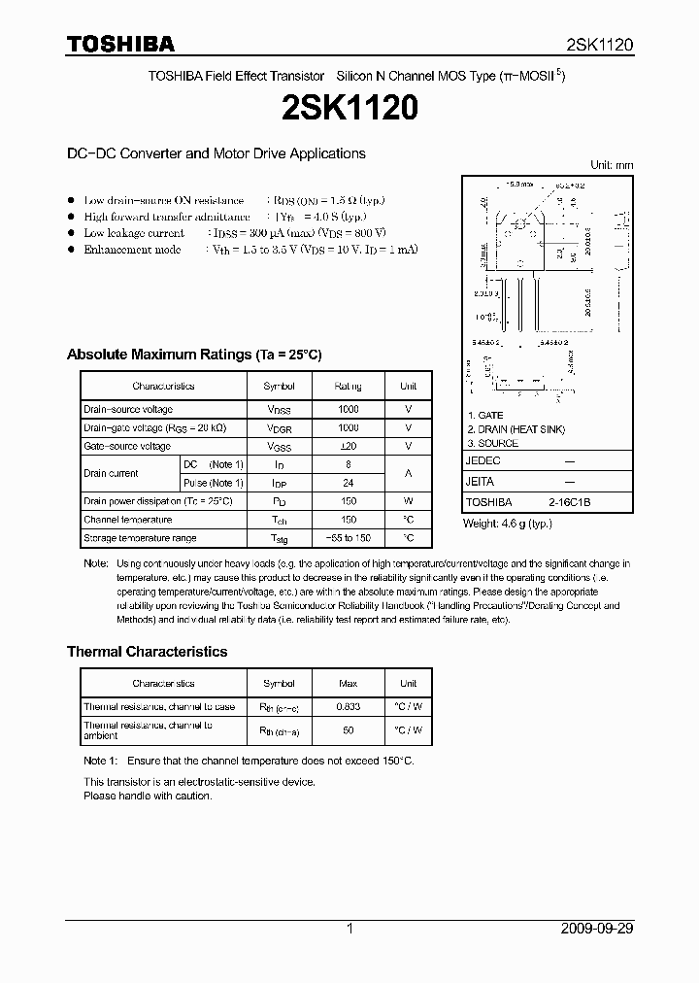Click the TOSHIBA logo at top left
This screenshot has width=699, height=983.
[120, 44]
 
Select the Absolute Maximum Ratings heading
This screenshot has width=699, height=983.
[193, 355]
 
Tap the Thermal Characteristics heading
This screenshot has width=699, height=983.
[147, 652]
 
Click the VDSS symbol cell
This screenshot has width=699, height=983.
[280, 410]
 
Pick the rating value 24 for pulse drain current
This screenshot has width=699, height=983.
[348, 483]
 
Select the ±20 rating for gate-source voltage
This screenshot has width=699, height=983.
[348, 447]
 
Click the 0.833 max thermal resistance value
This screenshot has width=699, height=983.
[348, 707]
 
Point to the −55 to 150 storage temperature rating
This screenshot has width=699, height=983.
[348, 538]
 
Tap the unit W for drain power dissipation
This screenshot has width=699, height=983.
[408, 501]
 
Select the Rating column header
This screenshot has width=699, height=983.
[348, 386]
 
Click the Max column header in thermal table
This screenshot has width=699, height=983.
[348, 684]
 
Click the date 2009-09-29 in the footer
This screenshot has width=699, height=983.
[597, 929]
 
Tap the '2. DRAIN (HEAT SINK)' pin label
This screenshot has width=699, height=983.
[516, 429]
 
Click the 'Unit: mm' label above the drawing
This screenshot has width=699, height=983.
[612, 165]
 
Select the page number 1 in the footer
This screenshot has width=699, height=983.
[349, 929]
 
